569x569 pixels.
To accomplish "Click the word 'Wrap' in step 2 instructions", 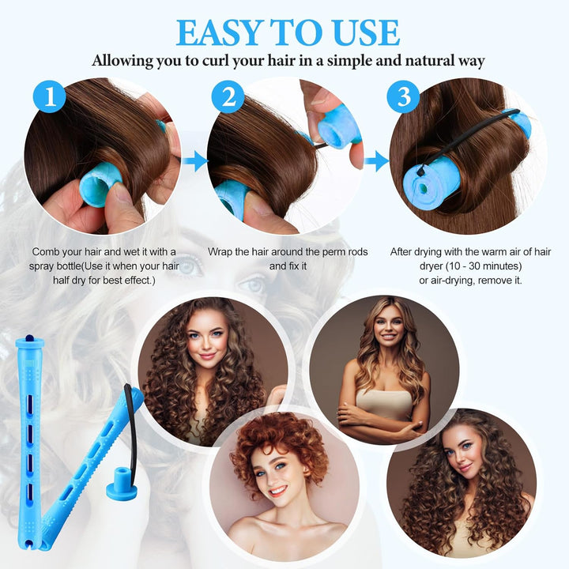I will (x=223, y=251).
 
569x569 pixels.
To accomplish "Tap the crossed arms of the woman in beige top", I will (x=381, y=415).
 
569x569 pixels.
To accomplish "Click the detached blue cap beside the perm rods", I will (x=121, y=479).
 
